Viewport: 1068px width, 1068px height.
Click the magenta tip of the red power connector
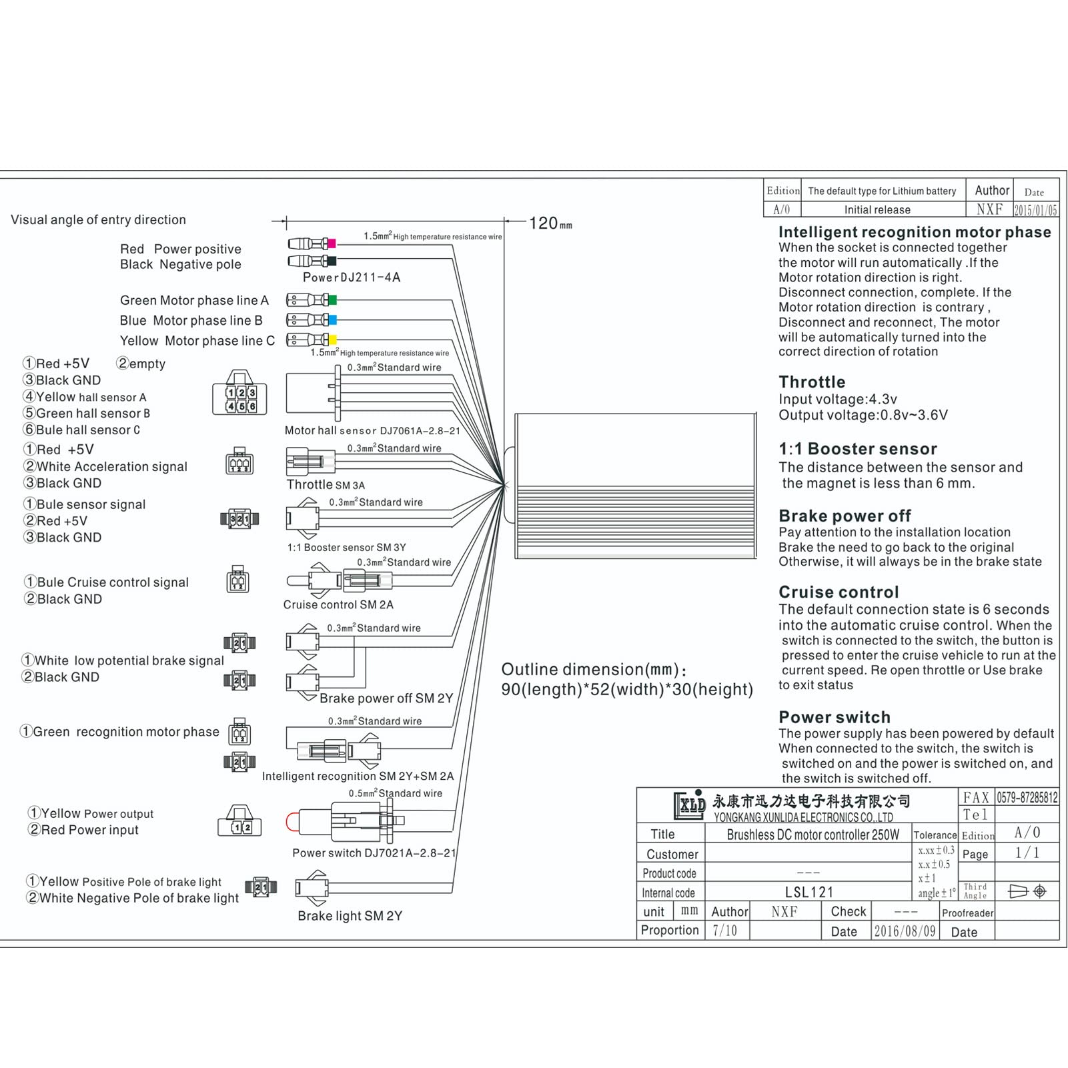332,243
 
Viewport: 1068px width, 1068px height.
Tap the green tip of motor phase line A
332,300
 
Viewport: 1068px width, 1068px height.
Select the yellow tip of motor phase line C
332,340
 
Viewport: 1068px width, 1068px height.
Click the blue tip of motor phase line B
332,320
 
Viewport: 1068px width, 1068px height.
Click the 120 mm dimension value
550,223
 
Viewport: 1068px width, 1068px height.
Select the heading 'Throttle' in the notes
812,382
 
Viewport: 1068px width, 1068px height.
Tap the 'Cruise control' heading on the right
839,592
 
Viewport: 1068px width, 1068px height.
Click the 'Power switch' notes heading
835,717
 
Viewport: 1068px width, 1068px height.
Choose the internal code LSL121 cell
809,892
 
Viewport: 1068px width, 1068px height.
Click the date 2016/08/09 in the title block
905,931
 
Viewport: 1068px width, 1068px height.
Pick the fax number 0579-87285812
1027,797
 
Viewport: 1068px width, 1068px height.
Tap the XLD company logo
690,805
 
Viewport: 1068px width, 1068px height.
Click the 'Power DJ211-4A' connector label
352,278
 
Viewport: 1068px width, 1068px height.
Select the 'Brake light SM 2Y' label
350,916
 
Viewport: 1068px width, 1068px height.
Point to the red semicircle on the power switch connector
290,822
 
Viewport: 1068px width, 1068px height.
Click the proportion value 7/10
724,931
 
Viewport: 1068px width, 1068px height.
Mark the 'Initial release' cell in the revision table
877,209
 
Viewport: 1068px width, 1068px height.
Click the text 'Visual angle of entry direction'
98,219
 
